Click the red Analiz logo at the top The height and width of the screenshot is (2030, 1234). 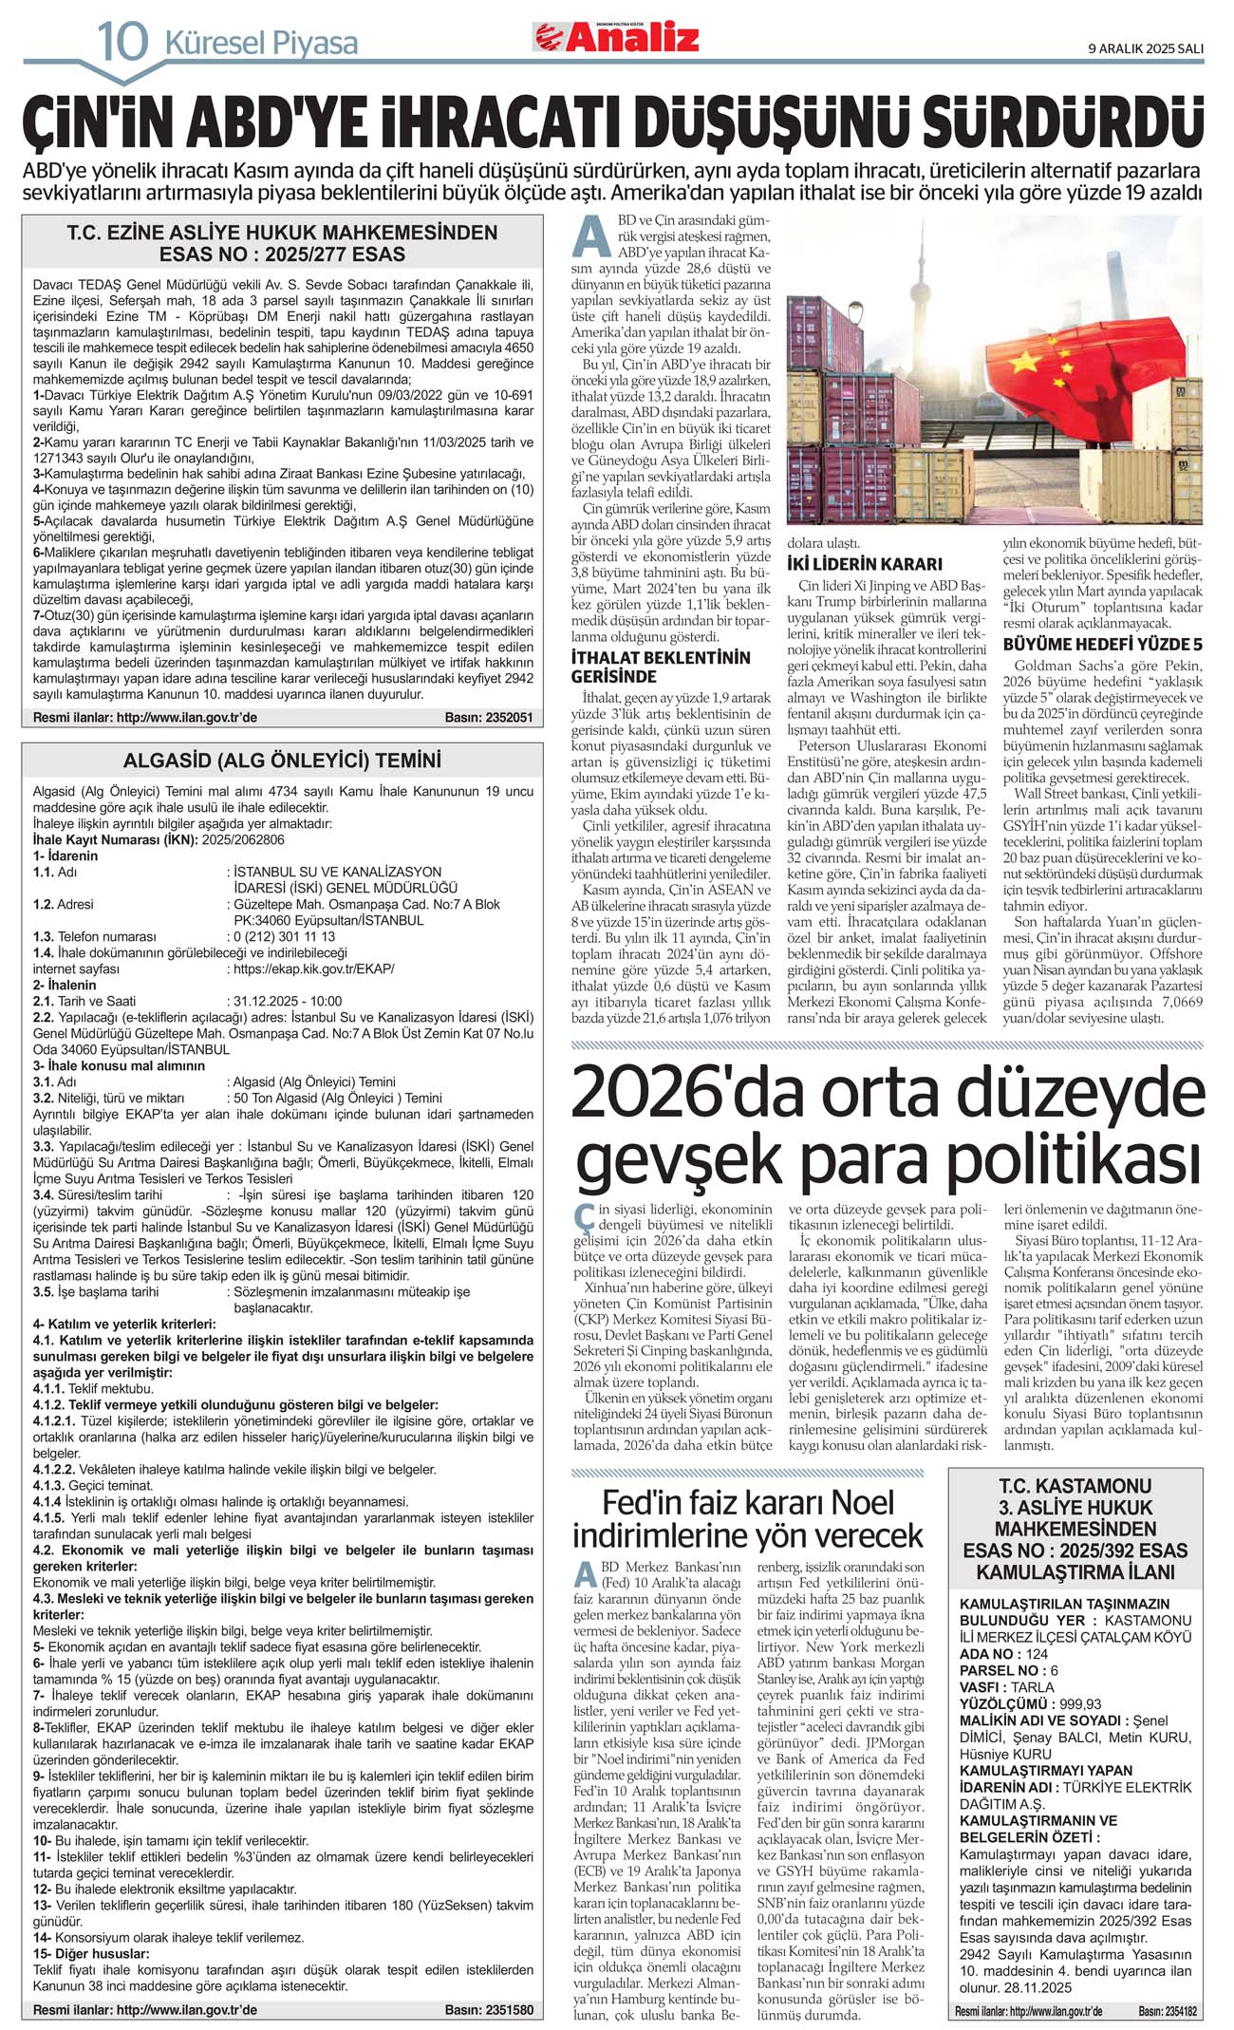616,37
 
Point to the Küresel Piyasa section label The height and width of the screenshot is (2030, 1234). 261,44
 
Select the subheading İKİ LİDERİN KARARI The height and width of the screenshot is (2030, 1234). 864,564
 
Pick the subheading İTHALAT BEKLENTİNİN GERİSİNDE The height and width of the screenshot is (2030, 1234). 660,667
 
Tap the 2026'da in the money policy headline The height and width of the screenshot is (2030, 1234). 688,1092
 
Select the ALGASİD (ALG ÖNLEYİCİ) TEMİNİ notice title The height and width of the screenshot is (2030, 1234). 282,761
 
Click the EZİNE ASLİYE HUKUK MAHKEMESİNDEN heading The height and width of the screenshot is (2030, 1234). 282,233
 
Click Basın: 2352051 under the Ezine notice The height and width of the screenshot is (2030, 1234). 488,717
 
